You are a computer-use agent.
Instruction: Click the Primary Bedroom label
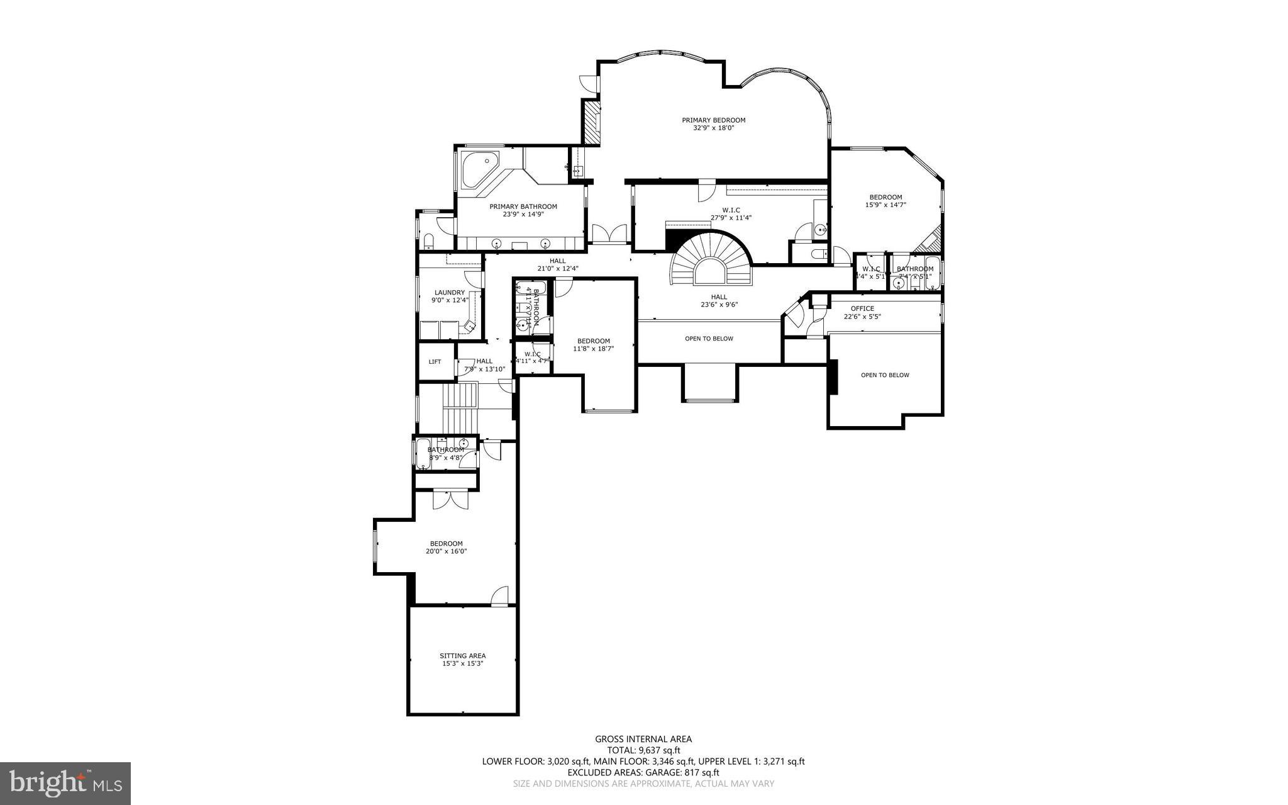(713, 120)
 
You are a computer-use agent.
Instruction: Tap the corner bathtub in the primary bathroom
(479, 169)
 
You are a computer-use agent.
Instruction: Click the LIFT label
(435, 362)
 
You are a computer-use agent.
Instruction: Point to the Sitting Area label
(462, 655)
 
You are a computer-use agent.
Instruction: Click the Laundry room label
(449, 292)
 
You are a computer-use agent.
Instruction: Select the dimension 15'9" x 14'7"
(885, 205)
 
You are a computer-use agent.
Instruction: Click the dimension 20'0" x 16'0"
(446, 551)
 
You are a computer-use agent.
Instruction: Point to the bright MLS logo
(65, 783)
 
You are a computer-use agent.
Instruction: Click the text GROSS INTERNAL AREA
(643, 739)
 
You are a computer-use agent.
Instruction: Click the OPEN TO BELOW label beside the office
(885, 375)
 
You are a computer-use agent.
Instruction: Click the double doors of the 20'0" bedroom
(450, 498)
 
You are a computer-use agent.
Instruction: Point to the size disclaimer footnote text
(643, 784)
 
